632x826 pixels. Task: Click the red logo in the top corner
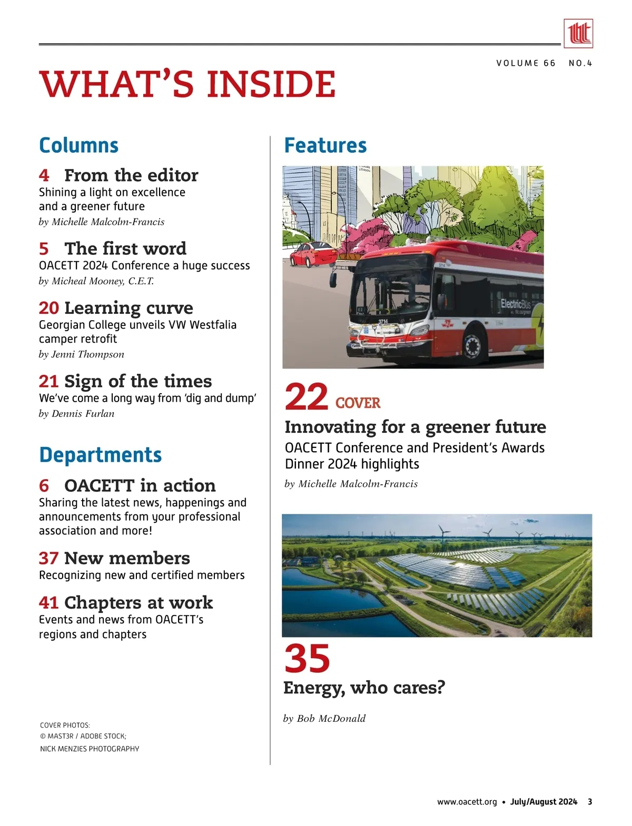(x=578, y=34)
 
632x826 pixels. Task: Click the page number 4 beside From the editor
(x=44, y=175)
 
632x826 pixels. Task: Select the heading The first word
(x=125, y=248)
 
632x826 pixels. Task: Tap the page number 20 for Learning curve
(x=48, y=308)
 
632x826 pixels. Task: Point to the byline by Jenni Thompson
(x=82, y=354)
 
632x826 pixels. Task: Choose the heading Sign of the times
(x=138, y=381)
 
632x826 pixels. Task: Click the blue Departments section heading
(x=100, y=455)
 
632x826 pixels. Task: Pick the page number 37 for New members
(x=48, y=558)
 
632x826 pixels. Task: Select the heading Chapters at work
(x=139, y=602)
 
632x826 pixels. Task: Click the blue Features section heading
(x=325, y=145)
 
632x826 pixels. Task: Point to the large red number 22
(x=307, y=397)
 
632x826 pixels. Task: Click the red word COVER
(x=358, y=403)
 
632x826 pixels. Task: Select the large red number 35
(x=307, y=658)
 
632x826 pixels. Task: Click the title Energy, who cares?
(x=364, y=688)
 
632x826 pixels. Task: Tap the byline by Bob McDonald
(x=324, y=719)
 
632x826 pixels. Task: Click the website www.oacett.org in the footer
(x=467, y=802)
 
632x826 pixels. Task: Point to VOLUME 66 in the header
(x=526, y=63)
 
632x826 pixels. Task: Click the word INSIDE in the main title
(x=271, y=84)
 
